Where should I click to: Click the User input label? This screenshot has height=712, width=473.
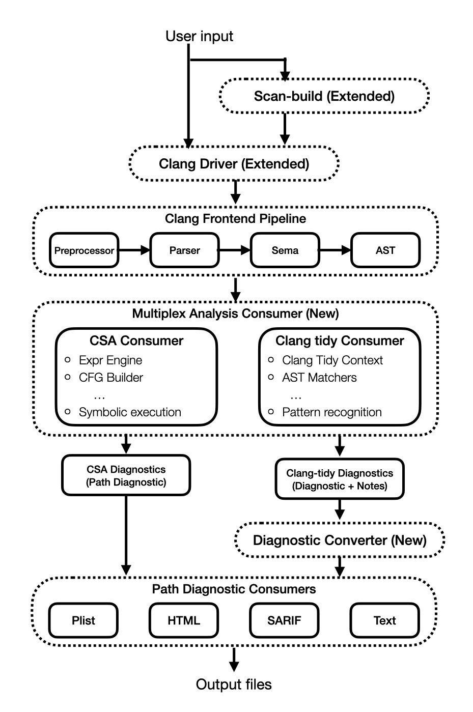click(199, 36)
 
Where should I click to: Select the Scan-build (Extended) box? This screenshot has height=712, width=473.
click(324, 96)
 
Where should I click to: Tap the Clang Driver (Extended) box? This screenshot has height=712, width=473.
click(234, 164)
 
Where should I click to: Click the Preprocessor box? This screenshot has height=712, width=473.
click(84, 250)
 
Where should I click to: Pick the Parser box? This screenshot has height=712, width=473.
click(184, 250)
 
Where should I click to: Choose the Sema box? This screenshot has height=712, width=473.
click(285, 250)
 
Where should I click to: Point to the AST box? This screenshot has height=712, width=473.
click(385, 250)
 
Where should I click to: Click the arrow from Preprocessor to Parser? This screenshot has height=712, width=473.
click(134, 250)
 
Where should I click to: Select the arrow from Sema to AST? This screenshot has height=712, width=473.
click(335, 250)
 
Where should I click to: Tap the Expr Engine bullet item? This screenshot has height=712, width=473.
click(110, 360)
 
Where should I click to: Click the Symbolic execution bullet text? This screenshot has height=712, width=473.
click(130, 412)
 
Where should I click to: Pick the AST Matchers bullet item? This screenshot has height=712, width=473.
click(319, 378)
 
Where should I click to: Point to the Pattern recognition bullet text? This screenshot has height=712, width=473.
click(331, 412)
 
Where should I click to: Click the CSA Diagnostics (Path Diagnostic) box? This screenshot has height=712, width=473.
click(126, 476)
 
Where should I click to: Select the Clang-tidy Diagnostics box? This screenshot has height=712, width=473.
click(340, 479)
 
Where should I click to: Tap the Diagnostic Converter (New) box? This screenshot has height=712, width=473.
click(340, 540)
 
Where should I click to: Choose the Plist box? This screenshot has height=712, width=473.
click(84, 620)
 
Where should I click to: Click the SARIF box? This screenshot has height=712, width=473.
click(284, 620)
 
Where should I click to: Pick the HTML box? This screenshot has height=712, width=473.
click(184, 620)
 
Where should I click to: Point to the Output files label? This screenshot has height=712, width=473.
click(234, 685)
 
